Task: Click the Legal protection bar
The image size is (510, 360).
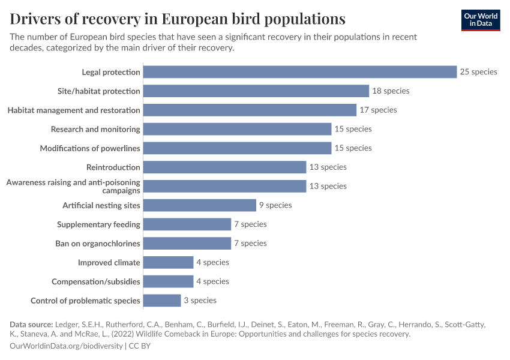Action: coord(300,72)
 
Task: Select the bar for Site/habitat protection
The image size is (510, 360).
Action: coord(256,91)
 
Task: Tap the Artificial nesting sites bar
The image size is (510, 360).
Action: coord(200,205)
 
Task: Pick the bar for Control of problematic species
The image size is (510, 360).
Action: coord(162,300)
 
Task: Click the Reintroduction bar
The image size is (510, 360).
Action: coord(225,167)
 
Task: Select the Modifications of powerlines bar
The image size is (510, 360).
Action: coord(238,148)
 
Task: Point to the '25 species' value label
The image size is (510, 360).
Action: coord(478,72)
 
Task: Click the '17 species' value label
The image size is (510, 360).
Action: coord(378,110)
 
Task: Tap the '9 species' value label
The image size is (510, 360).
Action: coord(275,205)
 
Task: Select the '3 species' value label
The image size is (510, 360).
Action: coord(200,300)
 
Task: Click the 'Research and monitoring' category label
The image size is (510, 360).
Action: coord(95,129)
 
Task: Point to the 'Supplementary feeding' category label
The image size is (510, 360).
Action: coord(98,224)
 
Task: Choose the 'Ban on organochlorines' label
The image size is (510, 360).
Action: coord(98,244)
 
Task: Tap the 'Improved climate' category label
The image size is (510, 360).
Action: coord(109,262)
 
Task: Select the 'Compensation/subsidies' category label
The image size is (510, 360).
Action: coord(96,281)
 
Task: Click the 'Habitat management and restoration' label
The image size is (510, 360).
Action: coord(74,110)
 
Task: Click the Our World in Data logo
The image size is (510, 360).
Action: coord(480,20)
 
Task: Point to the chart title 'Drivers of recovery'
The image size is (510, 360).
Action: coord(178,19)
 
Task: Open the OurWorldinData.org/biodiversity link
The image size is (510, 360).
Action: coord(66,346)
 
